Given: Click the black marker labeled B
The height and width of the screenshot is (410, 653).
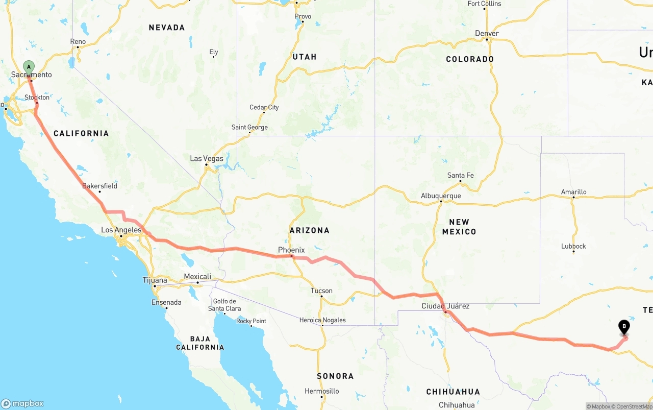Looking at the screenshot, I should click(x=624, y=327).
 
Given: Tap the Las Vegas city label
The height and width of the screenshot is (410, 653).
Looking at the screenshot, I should click(x=207, y=159).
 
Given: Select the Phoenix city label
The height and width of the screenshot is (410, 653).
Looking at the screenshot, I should click(x=291, y=250).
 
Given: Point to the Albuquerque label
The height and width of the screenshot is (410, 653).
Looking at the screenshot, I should click(x=441, y=196).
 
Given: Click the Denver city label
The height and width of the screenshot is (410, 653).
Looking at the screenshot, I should click(x=487, y=34).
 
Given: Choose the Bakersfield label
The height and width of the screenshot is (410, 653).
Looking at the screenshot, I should click(x=100, y=186).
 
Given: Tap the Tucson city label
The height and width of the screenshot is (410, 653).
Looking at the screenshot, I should click(x=321, y=291).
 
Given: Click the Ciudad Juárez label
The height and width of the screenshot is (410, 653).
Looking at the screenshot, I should click(x=445, y=306).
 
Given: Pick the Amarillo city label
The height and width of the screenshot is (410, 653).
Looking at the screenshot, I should click(x=573, y=192).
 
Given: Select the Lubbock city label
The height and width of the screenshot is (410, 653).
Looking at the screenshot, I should click(x=573, y=246).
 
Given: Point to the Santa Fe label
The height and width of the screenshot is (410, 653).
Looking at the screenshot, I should click(x=460, y=176).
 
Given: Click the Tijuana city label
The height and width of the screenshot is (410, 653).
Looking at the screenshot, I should click(x=155, y=280).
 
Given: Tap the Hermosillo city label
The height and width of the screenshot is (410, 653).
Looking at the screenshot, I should click(x=322, y=391).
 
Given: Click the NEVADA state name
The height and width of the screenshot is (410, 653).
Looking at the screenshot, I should click(x=167, y=28).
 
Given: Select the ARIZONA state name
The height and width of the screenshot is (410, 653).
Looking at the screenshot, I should click(x=310, y=230).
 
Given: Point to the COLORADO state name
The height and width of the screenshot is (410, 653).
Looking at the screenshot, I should click(x=470, y=59).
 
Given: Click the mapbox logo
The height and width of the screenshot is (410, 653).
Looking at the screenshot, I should click(x=22, y=403).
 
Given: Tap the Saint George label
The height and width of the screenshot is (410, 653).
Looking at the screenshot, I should click(x=249, y=127).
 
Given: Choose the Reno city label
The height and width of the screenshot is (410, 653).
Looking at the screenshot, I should click(x=78, y=42).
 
